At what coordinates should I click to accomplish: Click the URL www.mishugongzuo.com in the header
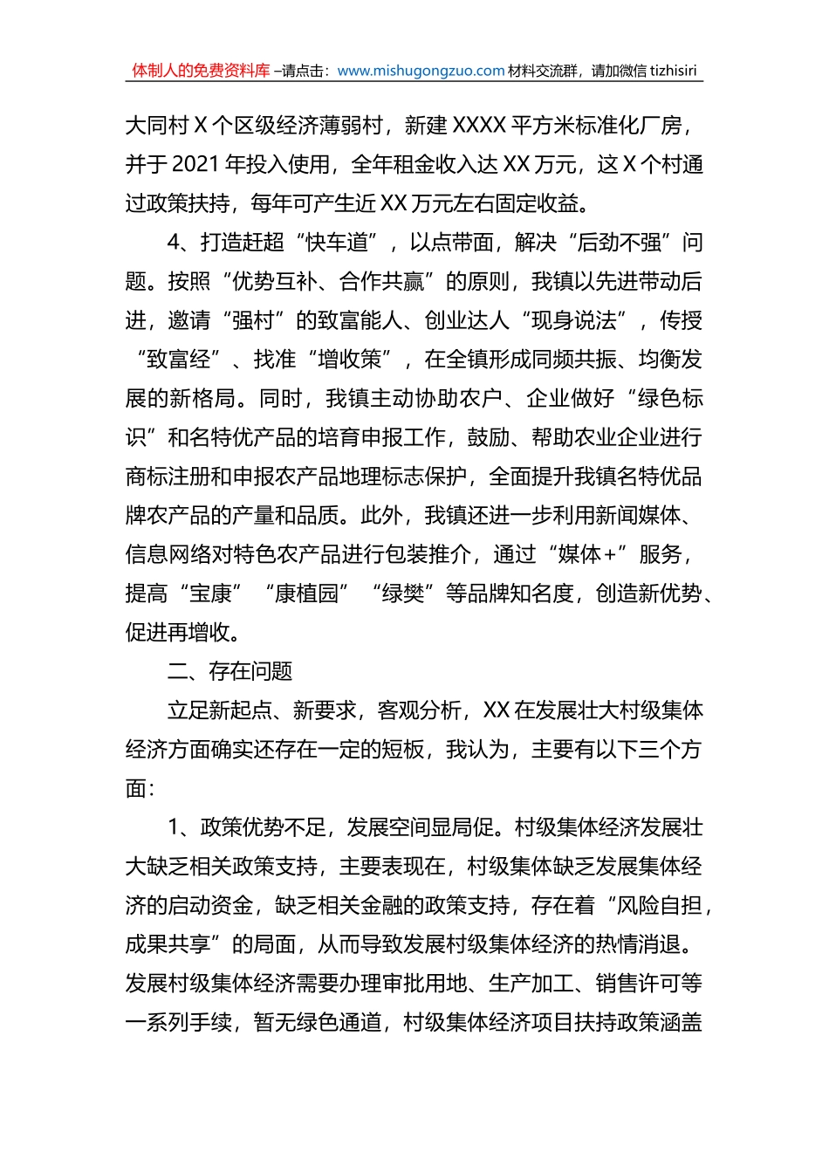[421, 71]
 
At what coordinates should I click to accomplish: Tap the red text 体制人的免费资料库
[202, 71]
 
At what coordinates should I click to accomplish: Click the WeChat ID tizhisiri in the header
[673, 71]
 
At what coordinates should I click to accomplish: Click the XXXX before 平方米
[479, 126]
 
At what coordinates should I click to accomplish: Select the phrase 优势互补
[275, 282]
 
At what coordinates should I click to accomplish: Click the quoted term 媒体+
[586, 555]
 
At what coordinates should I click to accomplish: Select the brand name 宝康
[211, 594]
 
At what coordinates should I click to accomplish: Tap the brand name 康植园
[306, 594]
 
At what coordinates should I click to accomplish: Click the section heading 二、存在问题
[230, 672]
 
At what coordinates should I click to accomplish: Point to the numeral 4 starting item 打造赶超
[174, 243]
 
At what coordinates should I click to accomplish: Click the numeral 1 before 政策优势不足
[174, 828]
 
